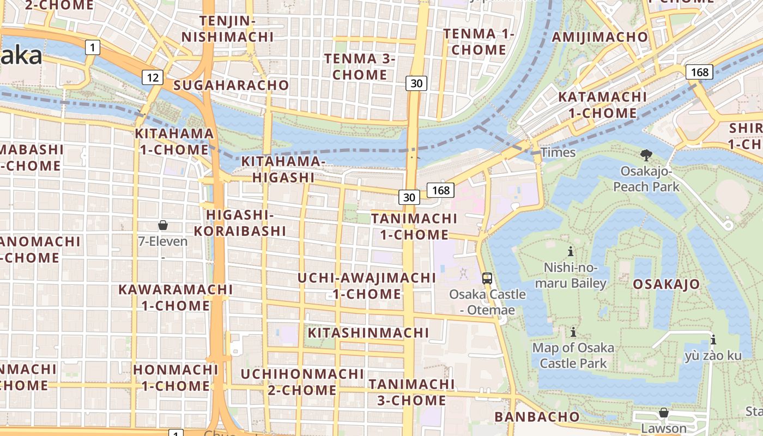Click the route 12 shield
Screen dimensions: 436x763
click(153, 77)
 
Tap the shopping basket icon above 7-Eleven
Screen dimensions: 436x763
click(162, 225)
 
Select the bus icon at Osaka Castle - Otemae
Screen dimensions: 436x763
click(487, 278)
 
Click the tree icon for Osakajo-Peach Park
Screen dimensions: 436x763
click(646, 155)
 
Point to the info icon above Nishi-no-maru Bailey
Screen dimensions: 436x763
click(571, 251)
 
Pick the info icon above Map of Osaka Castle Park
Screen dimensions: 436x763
click(573, 331)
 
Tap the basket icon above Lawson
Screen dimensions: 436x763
click(663, 413)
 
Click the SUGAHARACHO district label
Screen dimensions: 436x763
click(231, 85)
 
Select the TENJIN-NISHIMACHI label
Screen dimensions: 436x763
click(227, 29)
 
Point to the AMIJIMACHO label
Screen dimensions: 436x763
click(600, 37)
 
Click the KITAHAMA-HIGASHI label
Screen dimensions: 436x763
click(283, 169)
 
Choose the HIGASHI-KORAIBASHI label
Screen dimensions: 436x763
click(240, 223)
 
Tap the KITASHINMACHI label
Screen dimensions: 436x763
click(368, 332)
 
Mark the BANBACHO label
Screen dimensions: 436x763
click(537, 417)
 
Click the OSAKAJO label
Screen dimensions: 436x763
click(666, 284)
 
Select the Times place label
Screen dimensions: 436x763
click(558, 153)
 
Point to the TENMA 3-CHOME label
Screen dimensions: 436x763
click(360, 66)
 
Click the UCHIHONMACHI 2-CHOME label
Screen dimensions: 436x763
click(302, 382)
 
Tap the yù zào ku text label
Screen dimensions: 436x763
click(713, 356)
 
